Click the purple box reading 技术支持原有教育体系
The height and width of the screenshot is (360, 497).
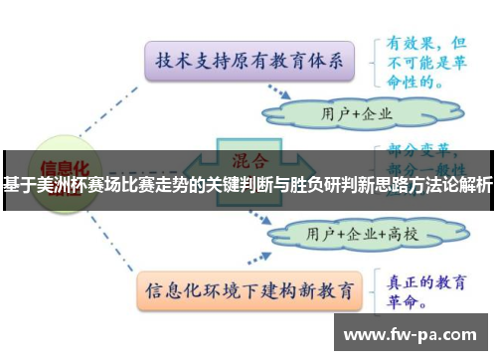tap(248, 61)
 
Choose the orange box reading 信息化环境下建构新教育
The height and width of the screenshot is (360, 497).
tap(248, 291)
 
